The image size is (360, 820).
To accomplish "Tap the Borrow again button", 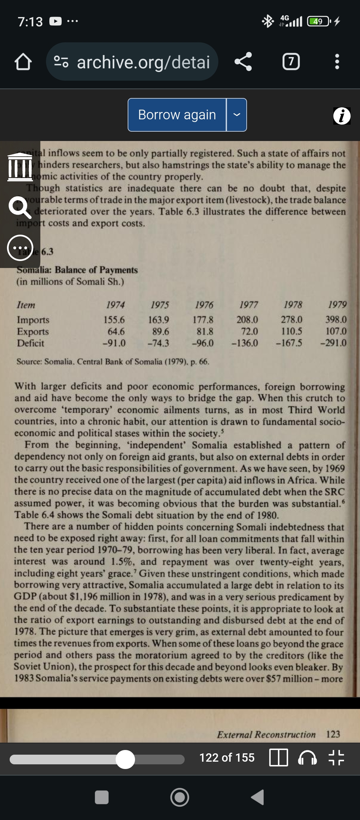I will (177, 115).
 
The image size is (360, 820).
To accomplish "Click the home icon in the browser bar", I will (23, 62).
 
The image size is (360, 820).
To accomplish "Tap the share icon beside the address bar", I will (243, 62).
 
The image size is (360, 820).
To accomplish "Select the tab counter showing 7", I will (291, 62).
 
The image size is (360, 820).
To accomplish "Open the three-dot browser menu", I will (337, 62).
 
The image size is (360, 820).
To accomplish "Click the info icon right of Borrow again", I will (342, 116).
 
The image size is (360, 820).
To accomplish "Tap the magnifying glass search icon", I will (20, 207).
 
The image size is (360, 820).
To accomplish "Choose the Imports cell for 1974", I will (114, 320).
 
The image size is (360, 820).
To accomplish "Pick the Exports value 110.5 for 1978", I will (291, 331).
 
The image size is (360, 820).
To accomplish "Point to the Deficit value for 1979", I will (333, 343).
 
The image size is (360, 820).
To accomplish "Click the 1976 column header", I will (204, 305).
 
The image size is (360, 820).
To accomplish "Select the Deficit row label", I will (31, 343).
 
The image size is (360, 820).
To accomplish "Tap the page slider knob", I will (125, 759).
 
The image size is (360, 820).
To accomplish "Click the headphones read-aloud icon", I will (307, 758).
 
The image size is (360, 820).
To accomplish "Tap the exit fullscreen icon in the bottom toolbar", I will (336, 758).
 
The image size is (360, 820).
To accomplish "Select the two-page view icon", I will (278, 758).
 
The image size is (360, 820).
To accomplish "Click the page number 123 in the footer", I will (333, 734).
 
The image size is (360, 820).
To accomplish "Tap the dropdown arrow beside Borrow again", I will (237, 115).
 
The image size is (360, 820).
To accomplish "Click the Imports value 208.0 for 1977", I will (247, 320).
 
